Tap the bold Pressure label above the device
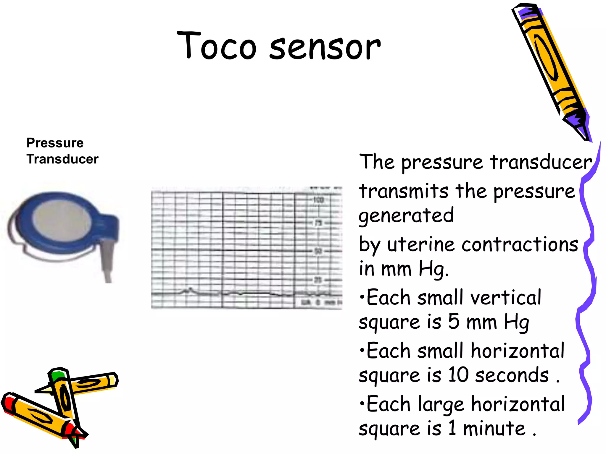[55, 143]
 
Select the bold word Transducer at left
[62, 159]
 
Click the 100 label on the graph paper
[318, 200]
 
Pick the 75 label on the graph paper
[318, 223]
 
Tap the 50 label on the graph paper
[318, 251]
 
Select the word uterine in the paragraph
[421, 245]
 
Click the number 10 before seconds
[458, 375]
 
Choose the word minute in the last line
[494, 428]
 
